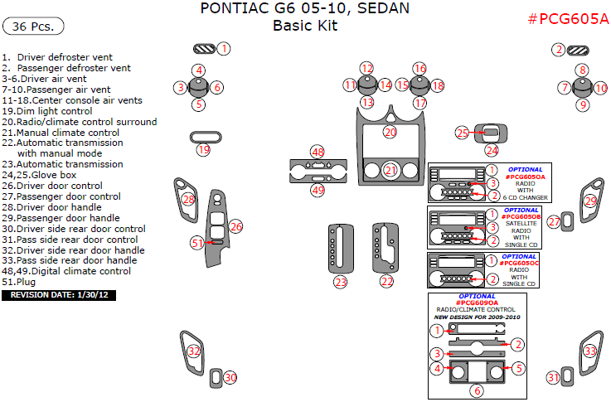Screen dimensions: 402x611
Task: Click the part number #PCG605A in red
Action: [x=568, y=19]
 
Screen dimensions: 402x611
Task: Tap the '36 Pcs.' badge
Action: [x=34, y=27]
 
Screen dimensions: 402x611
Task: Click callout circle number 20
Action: [x=390, y=132]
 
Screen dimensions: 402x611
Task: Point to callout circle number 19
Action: [x=203, y=150]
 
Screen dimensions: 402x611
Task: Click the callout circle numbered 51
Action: [x=196, y=243]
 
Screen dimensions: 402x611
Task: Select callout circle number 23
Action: [x=341, y=282]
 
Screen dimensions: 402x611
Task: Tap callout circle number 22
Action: [x=386, y=282]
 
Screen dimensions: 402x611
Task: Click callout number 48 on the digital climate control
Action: [x=317, y=152]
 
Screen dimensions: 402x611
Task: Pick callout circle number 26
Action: [x=236, y=226]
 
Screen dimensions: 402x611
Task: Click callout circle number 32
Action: [x=194, y=351]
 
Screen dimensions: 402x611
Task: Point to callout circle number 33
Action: [x=590, y=351]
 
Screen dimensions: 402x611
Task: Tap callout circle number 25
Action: [x=463, y=133]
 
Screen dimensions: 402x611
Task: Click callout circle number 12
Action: [x=366, y=68]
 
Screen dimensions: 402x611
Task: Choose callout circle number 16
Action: [x=419, y=68]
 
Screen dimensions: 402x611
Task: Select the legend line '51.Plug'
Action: [x=20, y=282]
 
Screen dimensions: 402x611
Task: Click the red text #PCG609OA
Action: [x=476, y=303]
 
